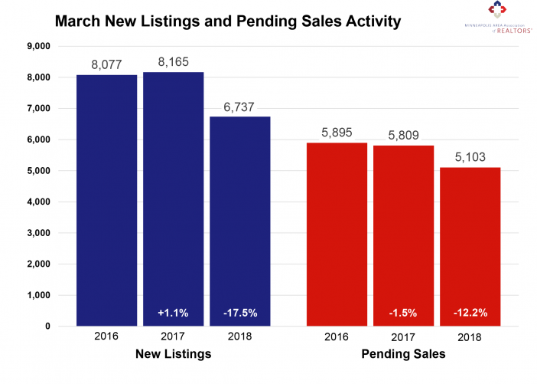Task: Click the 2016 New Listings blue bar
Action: (x=106, y=200)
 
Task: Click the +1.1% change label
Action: (x=174, y=313)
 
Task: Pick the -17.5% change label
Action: (x=240, y=313)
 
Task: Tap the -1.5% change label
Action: (x=403, y=313)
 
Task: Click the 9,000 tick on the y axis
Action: (x=37, y=46)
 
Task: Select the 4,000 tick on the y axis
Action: (x=37, y=202)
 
